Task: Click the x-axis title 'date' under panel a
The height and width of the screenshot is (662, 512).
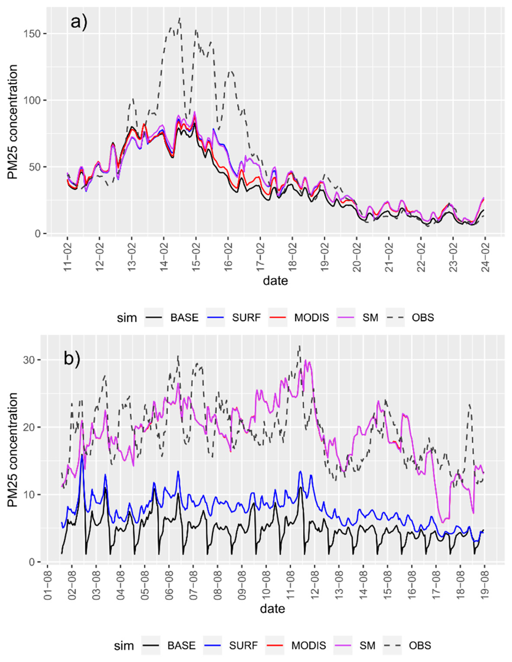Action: (x=275, y=280)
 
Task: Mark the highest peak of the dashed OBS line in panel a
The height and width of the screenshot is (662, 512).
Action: (x=179, y=18)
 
